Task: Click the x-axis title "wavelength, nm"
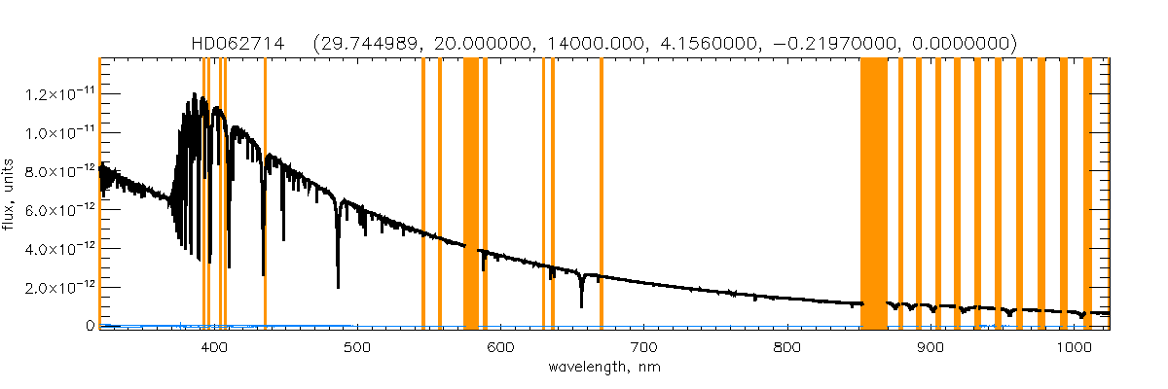(x=603, y=369)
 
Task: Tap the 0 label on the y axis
(x=89, y=326)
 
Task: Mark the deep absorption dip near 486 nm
(x=338, y=282)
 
